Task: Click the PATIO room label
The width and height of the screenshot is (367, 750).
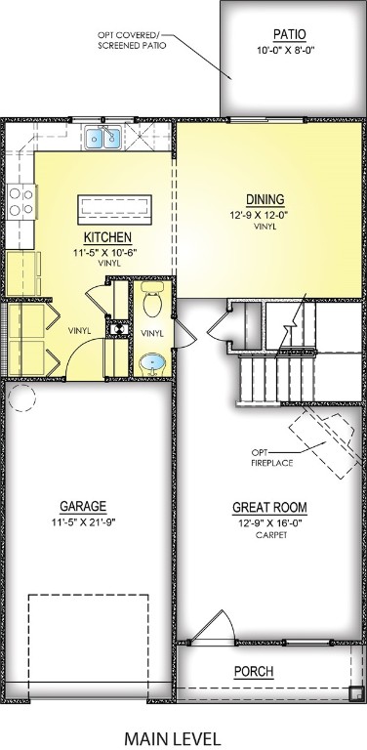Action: coord(289,33)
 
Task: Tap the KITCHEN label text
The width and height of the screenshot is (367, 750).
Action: coord(107,237)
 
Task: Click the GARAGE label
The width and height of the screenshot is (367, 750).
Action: coord(83,506)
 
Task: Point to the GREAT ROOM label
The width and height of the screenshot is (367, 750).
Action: coord(268,507)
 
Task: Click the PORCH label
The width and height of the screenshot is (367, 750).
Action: coord(253,672)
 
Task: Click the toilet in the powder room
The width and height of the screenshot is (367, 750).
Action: coord(151,303)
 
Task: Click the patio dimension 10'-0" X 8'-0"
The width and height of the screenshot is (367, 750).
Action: coord(289,50)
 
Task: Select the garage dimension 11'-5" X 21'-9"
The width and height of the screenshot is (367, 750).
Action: coord(83,522)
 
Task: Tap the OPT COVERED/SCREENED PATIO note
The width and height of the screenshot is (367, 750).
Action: coord(131,40)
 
